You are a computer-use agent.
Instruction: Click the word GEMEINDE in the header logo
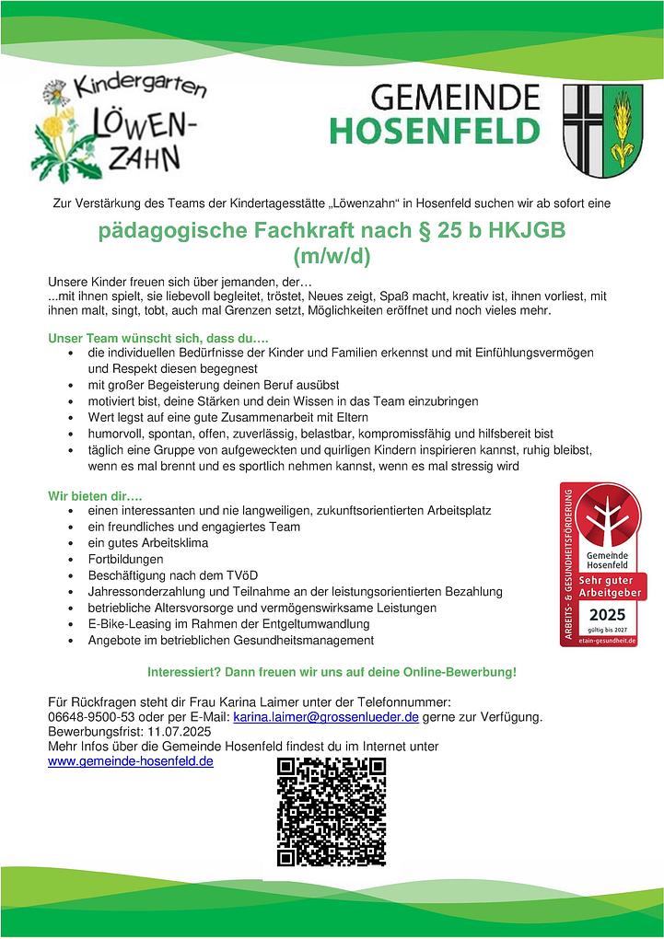click(x=455, y=97)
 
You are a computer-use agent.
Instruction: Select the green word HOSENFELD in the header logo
click(x=435, y=131)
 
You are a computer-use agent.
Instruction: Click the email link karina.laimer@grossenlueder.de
click(x=327, y=715)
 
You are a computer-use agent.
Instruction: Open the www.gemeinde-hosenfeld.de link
click(x=130, y=762)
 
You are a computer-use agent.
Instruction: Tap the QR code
click(x=332, y=811)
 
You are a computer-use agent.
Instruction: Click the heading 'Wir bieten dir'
click(x=93, y=495)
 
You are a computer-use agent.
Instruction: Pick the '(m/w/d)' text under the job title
click(x=332, y=257)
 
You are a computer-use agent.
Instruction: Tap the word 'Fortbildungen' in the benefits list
click(x=126, y=559)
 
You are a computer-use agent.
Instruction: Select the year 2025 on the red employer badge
click(x=607, y=614)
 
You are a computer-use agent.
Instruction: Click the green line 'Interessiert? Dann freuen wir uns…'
click(x=332, y=672)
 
